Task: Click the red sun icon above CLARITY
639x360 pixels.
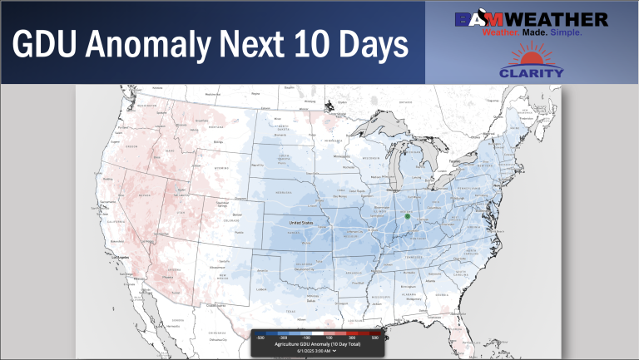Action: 531,57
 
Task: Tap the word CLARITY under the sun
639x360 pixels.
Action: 531,72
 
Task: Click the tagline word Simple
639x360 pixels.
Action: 564,33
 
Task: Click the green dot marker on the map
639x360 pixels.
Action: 408,216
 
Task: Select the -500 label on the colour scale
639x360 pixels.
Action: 260,338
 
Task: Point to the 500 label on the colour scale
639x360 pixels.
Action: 374,338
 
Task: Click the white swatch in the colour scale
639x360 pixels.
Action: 317,333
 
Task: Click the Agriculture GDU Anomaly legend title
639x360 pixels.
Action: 317,344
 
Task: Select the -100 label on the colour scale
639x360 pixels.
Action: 305,338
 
